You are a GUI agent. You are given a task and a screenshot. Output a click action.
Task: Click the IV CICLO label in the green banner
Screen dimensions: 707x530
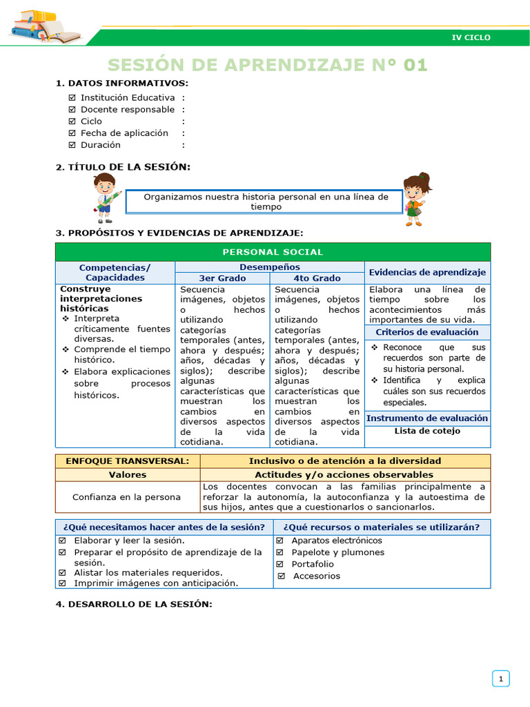tap(471, 37)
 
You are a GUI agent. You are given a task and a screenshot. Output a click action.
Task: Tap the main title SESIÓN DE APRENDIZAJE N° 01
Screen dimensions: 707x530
tap(268, 65)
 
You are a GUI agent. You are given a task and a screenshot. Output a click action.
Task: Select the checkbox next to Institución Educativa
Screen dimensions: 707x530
tap(72, 98)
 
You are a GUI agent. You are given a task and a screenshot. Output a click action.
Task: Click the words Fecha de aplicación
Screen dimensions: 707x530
tap(124, 133)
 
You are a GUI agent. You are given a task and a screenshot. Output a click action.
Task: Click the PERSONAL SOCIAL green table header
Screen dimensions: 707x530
tap(273, 252)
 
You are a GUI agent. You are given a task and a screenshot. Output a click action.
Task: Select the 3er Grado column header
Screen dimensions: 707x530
tap(222, 278)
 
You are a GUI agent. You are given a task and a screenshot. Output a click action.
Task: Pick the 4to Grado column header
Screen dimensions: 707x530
tap(317, 278)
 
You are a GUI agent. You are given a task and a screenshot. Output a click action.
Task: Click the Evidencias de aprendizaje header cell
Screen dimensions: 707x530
tap(427, 273)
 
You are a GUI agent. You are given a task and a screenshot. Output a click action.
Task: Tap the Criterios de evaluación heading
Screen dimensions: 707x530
tap(427, 332)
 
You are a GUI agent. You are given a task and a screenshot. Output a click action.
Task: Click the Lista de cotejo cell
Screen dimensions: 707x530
tap(427, 431)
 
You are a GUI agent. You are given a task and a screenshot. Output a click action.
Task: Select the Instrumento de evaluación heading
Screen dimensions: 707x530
tap(427, 418)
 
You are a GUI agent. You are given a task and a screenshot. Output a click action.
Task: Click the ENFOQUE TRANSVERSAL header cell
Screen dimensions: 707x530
tap(128, 461)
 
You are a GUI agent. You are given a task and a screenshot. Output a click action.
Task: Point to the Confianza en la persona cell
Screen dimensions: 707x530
tap(128, 497)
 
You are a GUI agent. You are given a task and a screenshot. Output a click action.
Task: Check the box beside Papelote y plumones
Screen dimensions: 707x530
tap(280, 552)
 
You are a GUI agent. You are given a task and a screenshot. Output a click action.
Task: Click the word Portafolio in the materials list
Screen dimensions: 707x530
tap(312, 564)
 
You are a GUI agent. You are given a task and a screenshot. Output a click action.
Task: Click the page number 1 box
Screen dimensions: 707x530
tap(500, 679)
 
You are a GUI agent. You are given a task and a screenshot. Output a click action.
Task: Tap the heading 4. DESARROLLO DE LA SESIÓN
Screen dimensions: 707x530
tap(133, 604)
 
